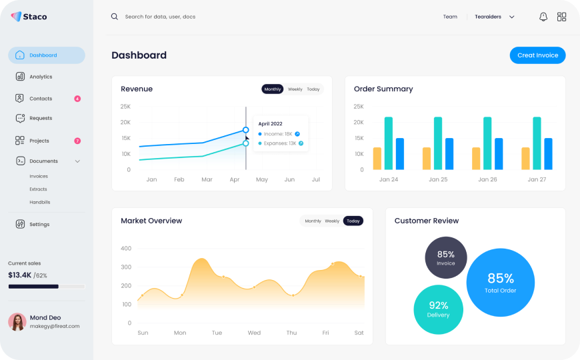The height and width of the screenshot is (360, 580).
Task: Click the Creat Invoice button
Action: click(537, 55)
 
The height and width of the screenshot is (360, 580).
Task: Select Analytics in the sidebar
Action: click(41, 77)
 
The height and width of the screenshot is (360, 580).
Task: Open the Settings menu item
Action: click(39, 225)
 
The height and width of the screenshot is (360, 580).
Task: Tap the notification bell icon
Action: click(543, 17)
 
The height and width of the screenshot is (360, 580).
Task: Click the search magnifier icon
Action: click(115, 17)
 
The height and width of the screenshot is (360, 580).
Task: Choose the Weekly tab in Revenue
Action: click(295, 89)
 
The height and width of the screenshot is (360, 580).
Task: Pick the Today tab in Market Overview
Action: click(353, 221)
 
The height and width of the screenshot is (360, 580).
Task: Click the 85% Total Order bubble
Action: click(500, 282)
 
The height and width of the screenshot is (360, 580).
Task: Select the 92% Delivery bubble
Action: click(438, 309)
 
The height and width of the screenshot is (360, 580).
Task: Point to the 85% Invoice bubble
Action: click(446, 257)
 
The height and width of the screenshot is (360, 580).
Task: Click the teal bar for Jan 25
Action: click(438, 143)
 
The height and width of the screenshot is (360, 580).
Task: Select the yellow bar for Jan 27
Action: click(525, 158)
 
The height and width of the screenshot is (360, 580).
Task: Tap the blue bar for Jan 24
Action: click(400, 154)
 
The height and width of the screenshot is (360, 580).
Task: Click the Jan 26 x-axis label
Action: click(488, 180)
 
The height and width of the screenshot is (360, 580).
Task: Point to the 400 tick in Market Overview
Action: click(126, 249)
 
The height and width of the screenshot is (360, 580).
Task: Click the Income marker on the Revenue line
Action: click(246, 130)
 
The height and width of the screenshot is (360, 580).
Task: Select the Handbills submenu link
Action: click(40, 202)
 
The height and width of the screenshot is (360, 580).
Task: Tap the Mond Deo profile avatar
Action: click(17, 322)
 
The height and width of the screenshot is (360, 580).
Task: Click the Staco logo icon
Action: click(16, 17)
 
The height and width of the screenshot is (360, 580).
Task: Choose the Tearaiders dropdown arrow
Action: click(512, 17)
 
